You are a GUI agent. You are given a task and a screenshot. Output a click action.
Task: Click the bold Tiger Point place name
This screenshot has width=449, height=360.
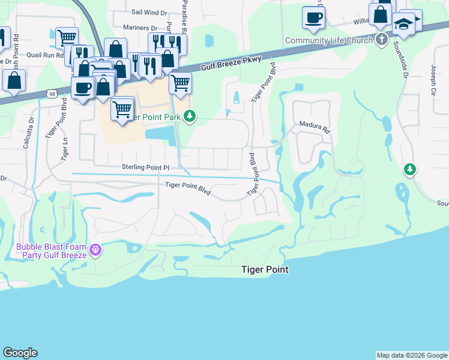tap(265, 270)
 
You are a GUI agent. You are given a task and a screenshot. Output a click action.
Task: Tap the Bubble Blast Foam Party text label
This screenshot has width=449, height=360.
tap(52, 251)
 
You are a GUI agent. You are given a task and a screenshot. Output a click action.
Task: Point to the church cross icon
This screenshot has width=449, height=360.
tap(381, 40)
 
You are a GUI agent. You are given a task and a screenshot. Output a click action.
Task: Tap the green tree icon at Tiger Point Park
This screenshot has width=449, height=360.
tap(190, 116)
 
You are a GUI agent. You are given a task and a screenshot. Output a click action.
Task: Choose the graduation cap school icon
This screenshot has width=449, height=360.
tap(404, 24)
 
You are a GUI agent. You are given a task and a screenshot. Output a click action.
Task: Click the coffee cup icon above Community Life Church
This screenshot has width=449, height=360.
tap(313, 17)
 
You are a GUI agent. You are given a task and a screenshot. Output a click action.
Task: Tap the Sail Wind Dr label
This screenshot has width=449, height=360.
tap(149, 12)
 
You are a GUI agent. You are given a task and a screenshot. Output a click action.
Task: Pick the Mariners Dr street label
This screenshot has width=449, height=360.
tap(139, 28)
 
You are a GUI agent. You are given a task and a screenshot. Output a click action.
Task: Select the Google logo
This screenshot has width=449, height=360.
tap(20, 353)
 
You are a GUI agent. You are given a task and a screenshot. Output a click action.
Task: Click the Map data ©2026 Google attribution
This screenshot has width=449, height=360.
tap(412, 355)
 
